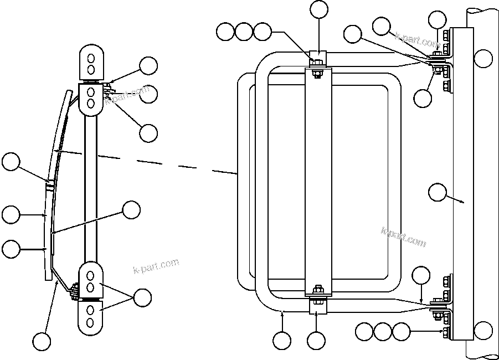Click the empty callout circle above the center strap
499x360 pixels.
(x=319, y=9)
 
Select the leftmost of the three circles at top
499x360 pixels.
(x=225, y=32)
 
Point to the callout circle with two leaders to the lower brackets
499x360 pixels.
(x=143, y=297)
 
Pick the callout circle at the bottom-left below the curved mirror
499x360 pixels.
(x=40, y=341)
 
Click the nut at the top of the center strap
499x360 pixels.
(x=317, y=61)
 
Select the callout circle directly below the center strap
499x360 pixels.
(x=316, y=341)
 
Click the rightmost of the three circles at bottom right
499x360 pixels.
(x=401, y=332)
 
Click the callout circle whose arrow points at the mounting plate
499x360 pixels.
(x=438, y=192)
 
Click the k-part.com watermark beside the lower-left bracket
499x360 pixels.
(x=157, y=266)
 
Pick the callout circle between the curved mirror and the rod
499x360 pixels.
(x=131, y=210)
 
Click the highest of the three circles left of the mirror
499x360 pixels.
(x=11, y=162)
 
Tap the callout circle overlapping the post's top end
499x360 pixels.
(x=483, y=57)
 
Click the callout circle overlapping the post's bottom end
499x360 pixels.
(x=483, y=330)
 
